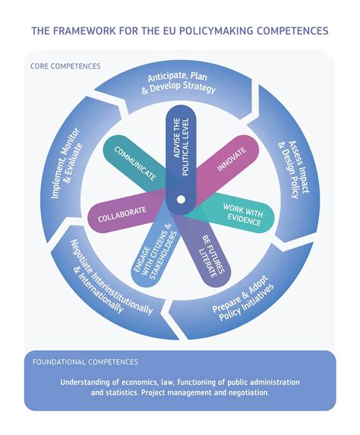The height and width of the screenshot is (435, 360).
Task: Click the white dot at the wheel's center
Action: tap(180, 200)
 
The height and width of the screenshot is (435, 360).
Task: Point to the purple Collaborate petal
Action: tap(121, 216)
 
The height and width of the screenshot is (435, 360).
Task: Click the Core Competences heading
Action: tap(65, 66)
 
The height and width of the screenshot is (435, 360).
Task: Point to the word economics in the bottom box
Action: tap(135, 381)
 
